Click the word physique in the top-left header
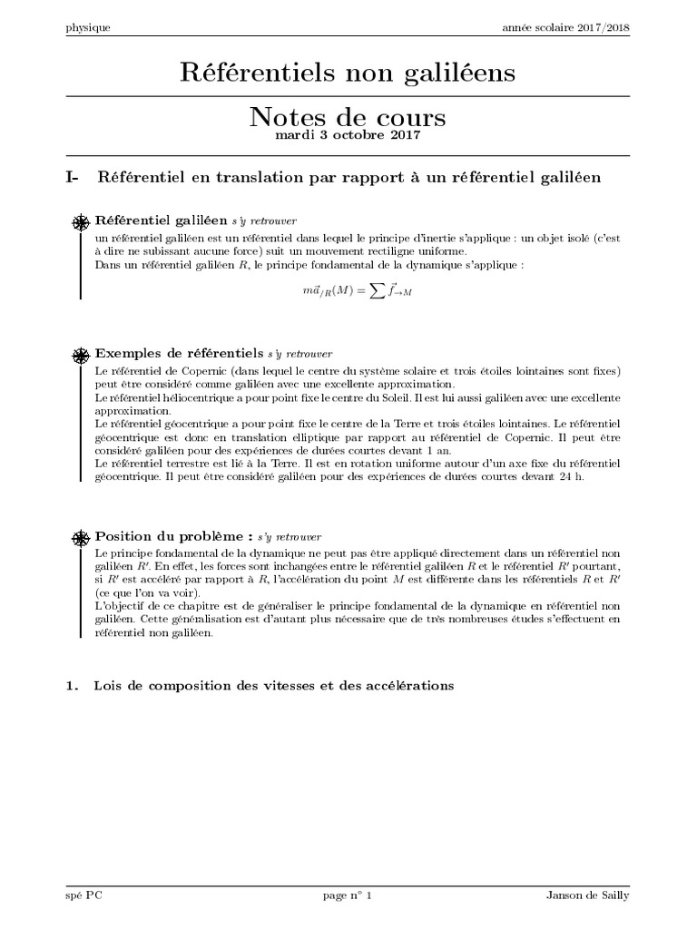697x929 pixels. click(x=88, y=27)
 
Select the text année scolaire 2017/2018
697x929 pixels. click(x=566, y=27)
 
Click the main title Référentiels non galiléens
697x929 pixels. click(x=348, y=72)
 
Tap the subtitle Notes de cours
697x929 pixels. click(x=348, y=118)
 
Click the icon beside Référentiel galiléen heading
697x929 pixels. click(x=81, y=221)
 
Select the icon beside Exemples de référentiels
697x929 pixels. click(x=81, y=353)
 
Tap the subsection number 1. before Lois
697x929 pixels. click(x=73, y=686)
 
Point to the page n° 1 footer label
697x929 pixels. click(x=348, y=895)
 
